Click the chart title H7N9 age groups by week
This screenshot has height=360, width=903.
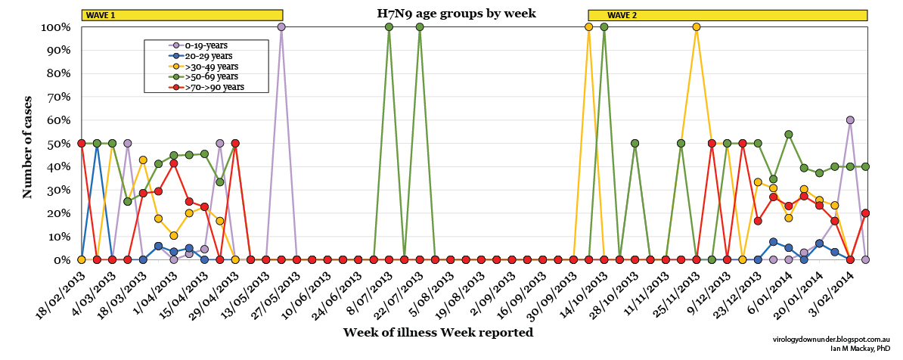pyautogui.click(x=456, y=13)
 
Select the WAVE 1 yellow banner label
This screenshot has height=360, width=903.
pyautogui.click(x=101, y=16)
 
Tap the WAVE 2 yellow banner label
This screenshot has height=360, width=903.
pyautogui.click(x=622, y=16)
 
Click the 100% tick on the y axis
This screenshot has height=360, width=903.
pyautogui.click(x=55, y=27)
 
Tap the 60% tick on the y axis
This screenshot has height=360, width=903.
pyautogui.click(x=58, y=120)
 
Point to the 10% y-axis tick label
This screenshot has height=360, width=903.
pyautogui.click(x=58, y=237)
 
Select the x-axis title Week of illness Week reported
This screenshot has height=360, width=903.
pyautogui.click(x=438, y=332)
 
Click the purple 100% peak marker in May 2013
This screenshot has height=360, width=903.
pyautogui.click(x=281, y=27)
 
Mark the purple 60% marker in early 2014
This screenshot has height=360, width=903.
pyautogui.click(x=850, y=119)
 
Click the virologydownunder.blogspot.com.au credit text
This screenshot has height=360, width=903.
pyautogui.click(x=836, y=342)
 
